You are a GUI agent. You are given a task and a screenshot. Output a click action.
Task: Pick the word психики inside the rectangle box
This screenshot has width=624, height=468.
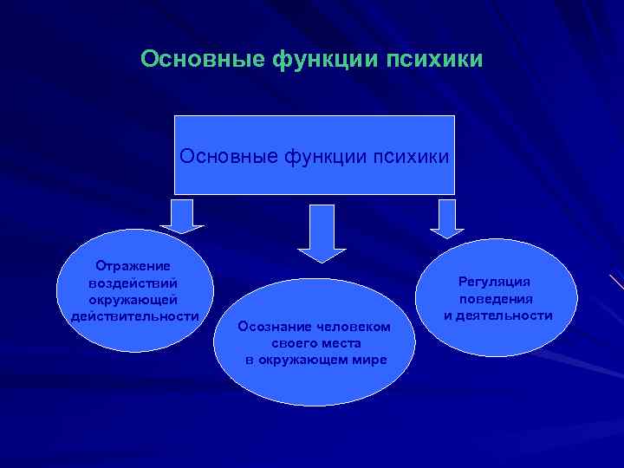click(x=411, y=157)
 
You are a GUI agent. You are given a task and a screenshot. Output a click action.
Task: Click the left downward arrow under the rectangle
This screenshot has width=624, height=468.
click(x=181, y=217)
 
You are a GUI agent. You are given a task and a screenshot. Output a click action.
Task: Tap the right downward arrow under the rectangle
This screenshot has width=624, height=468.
click(x=447, y=218)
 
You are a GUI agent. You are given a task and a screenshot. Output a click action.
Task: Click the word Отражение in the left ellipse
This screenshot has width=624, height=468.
click(x=133, y=267)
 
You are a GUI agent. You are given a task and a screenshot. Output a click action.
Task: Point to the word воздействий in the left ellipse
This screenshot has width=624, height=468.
click(x=133, y=283)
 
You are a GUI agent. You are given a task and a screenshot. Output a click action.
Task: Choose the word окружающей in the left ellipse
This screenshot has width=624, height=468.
click(x=133, y=299)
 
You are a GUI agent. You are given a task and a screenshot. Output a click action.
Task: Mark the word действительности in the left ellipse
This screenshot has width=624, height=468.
click(x=134, y=315)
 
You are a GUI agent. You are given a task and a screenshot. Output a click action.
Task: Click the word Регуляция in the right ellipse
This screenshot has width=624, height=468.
click(x=495, y=283)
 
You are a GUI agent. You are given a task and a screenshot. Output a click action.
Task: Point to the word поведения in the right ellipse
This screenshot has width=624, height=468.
click(x=497, y=299)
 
